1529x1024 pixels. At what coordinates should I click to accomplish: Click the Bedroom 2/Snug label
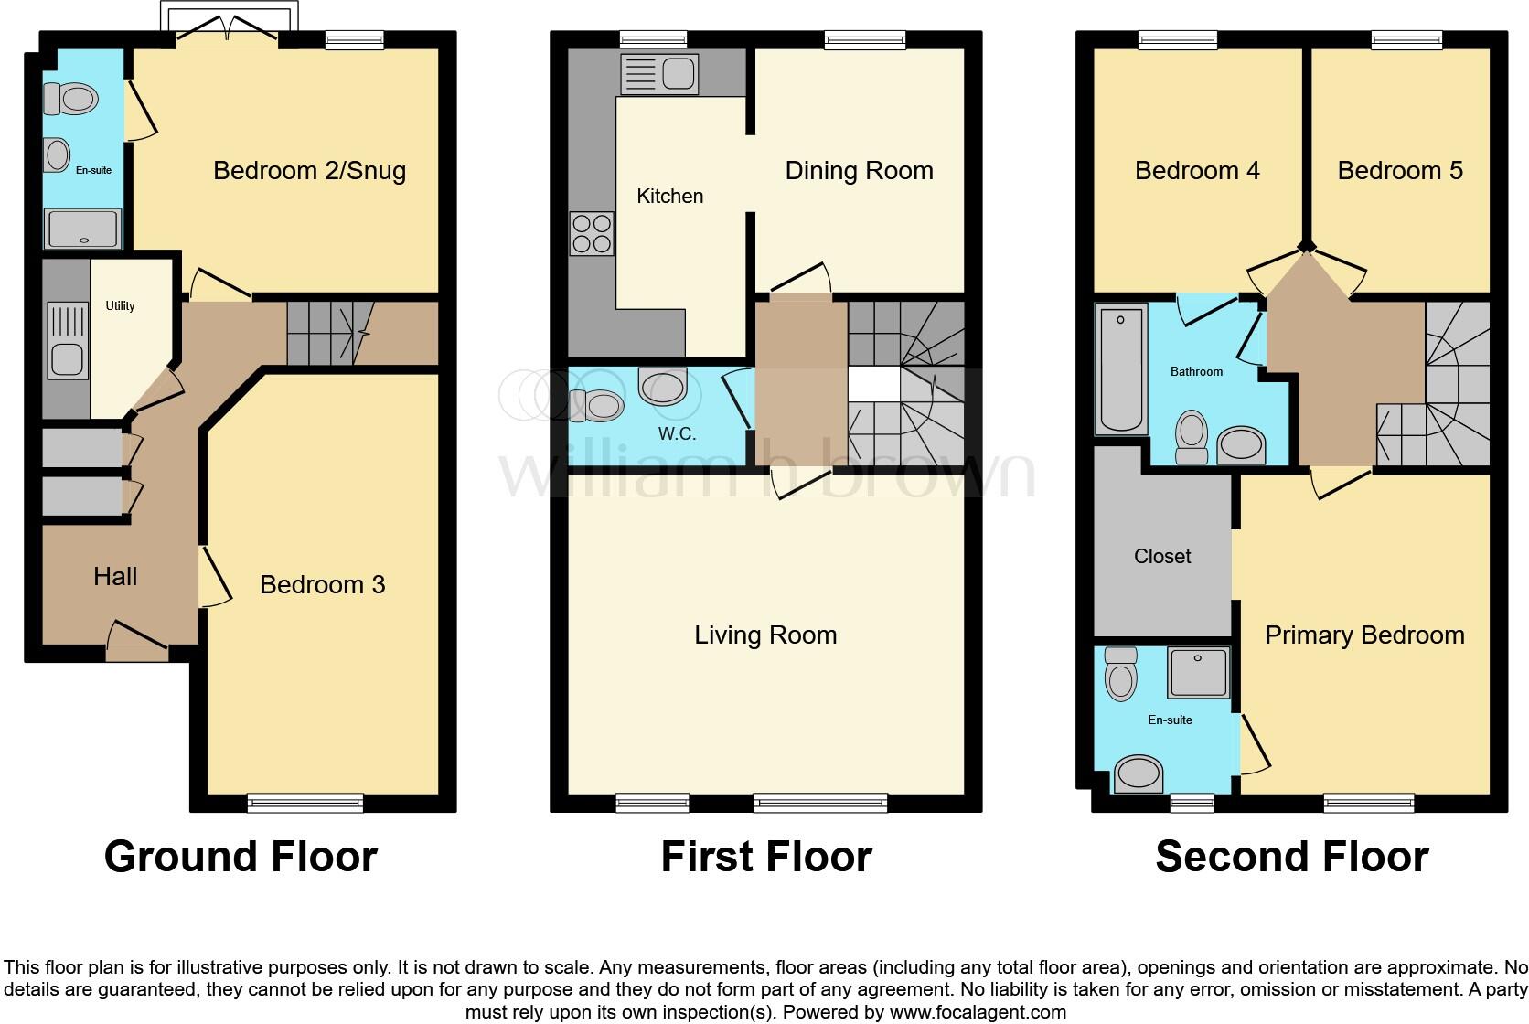[x=309, y=171]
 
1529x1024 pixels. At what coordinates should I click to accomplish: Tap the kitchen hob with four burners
[x=592, y=233]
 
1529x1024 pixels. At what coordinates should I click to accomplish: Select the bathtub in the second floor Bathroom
[x=1121, y=369]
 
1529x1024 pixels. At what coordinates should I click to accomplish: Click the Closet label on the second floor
[x=1162, y=556]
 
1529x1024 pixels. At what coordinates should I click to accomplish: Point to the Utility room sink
[x=66, y=339]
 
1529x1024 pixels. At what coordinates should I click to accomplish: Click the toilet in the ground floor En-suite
[x=71, y=99]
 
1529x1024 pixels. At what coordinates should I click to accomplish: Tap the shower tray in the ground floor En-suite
[x=83, y=229]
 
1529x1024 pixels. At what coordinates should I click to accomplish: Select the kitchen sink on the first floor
[x=658, y=73]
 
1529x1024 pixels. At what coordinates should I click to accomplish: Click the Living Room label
[x=765, y=635]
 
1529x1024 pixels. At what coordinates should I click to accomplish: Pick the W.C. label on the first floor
[x=677, y=434]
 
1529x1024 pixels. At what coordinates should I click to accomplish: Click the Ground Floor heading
[x=241, y=857]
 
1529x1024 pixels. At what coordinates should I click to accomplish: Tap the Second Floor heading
[x=1291, y=857]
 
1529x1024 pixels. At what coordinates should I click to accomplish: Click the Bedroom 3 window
[x=306, y=804]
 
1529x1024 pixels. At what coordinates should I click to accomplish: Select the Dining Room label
[x=859, y=171]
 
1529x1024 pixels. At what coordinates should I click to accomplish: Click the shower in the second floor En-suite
[x=1198, y=673]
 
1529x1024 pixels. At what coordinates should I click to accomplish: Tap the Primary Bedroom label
[x=1363, y=635]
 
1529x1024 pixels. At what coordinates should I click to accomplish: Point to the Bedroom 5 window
[x=1406, y=39]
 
